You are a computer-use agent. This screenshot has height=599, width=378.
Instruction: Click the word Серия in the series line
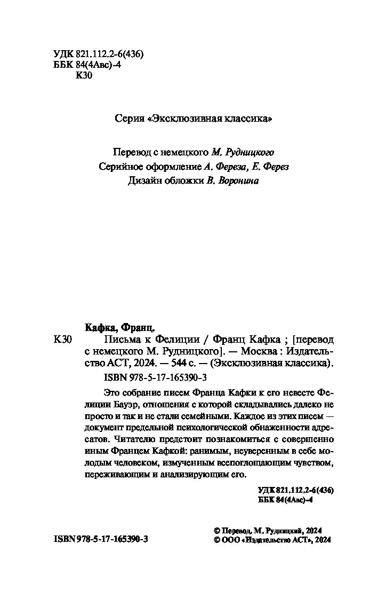click(129, 119)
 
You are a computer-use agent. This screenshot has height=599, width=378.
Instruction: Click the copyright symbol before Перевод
click(216, 531)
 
